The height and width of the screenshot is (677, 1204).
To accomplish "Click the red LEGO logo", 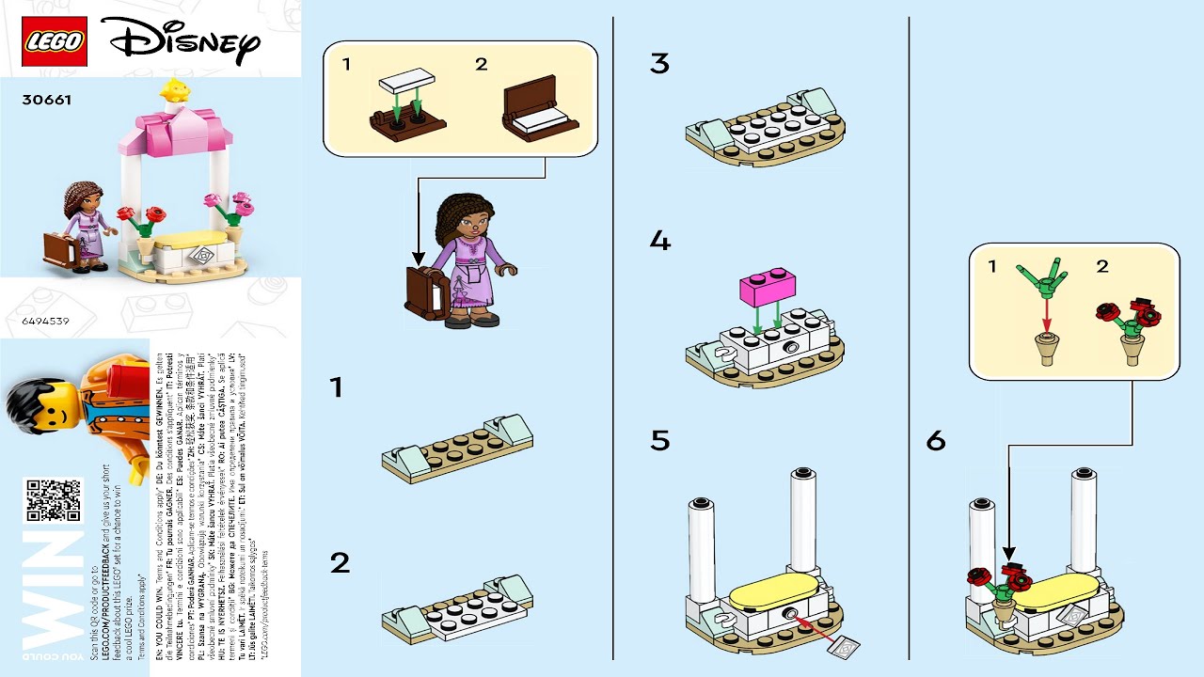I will (55, 41).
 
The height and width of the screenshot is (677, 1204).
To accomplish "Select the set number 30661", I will (46, 99).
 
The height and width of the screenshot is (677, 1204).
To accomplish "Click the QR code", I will (53, 500).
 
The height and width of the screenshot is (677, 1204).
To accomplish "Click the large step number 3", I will (659, 64).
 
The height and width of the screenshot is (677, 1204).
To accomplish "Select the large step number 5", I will (659, 440).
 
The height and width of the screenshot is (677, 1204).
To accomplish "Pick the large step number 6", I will (935, 440).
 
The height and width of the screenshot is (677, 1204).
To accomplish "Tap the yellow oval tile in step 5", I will (770, 593).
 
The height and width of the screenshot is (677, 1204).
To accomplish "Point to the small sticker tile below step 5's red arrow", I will (844, 647).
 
